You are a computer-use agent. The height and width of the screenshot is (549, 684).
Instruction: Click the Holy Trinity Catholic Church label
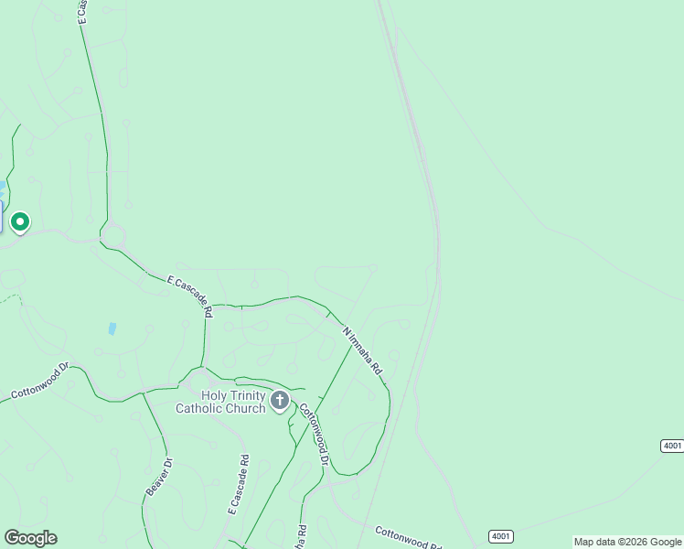tap(220, 402)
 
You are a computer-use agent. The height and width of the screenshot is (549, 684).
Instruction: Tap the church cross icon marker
tap(280, 400)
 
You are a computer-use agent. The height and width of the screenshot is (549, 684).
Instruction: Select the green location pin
tap(20, 222)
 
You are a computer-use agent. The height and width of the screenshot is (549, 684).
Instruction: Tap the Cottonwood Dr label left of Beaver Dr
tap(39, 382)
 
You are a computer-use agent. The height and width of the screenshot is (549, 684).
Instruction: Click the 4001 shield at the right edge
tap(671, 446)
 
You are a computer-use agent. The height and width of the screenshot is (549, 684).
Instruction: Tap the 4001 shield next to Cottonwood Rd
tap(500, 536)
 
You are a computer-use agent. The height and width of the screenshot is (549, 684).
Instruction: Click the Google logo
tap(30, 538)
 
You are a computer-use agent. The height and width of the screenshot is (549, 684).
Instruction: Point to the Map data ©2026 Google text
tap(627, 542)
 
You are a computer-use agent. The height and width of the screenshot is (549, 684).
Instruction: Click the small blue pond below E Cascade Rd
tap(112, 328)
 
